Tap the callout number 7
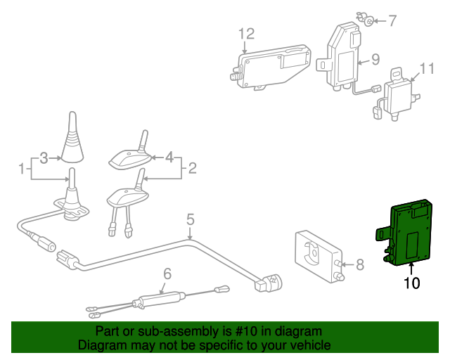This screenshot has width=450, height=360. tap(392, 20)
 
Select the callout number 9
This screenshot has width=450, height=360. tap(375, 60)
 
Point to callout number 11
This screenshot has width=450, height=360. tap(427, 69)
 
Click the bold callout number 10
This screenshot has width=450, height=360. tap(411, 283)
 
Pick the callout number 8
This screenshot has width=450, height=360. tap(359, 265)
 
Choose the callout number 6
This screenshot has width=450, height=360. tap(167, 274)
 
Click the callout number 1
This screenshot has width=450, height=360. tap(22, 169)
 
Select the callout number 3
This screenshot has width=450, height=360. tap(44, 158)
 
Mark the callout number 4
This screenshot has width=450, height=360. tap(169, 158)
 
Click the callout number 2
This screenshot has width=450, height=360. tap(192, 169)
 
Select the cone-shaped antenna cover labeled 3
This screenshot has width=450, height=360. tap(74, 138)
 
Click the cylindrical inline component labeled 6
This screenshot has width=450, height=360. tap(161, 300)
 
